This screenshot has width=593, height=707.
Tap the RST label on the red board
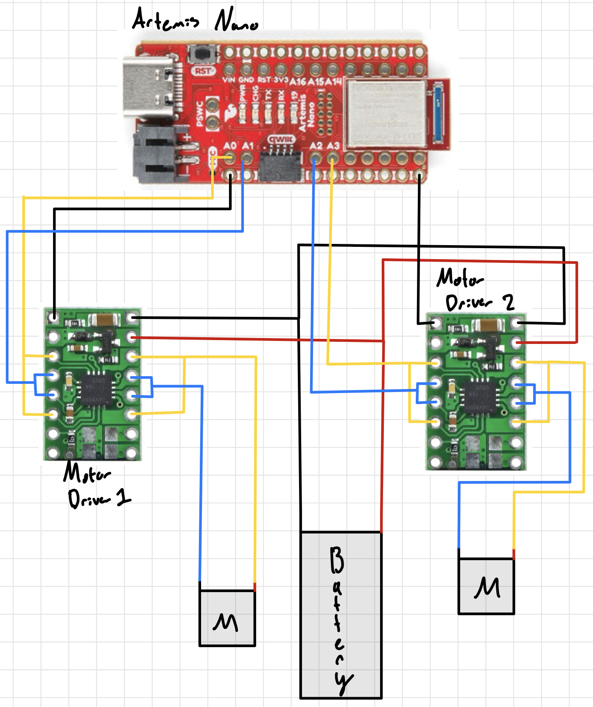(204, 71)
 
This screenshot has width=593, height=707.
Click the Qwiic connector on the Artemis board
(280, 163)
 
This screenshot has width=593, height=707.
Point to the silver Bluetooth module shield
(385, 112)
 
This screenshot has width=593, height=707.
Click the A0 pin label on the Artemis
(229, 146)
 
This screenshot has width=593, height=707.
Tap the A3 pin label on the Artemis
(334, 146)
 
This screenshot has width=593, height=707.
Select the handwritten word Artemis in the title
(165, 20)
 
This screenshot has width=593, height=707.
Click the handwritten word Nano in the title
(236, 21)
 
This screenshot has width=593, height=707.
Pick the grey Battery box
(341, 615)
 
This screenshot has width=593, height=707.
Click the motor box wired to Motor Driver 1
(227, 618)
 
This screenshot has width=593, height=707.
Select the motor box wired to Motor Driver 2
(486, 586)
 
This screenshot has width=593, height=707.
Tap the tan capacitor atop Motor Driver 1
(104, 320)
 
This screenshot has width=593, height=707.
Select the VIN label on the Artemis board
(228, 80)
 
